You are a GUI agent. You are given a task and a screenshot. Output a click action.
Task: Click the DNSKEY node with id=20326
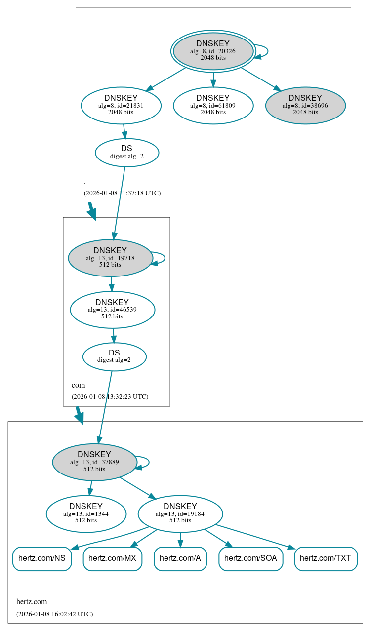click(213, 51)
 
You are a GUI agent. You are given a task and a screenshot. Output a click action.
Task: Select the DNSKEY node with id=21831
click(121, 105)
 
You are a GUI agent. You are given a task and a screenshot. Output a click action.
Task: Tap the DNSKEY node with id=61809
click(213, 105)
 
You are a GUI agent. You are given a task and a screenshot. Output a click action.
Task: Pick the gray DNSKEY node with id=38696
click(305, 105)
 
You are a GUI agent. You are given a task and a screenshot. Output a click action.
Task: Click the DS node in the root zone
click(127, 152)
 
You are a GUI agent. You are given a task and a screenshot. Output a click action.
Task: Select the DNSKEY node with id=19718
click(110, 257)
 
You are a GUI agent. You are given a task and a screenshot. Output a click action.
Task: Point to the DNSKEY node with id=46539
click(112, 309)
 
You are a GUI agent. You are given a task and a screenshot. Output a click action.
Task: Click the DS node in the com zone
click(114, 356)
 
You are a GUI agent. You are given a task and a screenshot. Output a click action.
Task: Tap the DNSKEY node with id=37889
click(94, 462)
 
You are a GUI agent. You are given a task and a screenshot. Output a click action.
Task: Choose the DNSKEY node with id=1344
click(86, 513)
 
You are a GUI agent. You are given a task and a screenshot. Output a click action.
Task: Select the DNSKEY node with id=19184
click(180, 513)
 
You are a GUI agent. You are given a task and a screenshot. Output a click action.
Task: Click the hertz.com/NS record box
click(42, 558)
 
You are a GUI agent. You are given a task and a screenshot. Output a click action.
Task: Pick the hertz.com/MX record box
click(113, 558)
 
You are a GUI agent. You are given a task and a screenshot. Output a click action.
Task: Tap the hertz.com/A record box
click(180, 558)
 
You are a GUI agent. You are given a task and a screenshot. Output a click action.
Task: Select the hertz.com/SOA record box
click(250, 558)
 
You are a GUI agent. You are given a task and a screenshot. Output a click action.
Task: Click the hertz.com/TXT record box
click(326, 558)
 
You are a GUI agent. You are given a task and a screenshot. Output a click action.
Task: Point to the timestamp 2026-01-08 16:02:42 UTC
click(54, 614)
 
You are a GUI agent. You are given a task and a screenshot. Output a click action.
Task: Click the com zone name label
click(78, 385)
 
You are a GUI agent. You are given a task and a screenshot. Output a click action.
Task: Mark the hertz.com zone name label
click(32, 602)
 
